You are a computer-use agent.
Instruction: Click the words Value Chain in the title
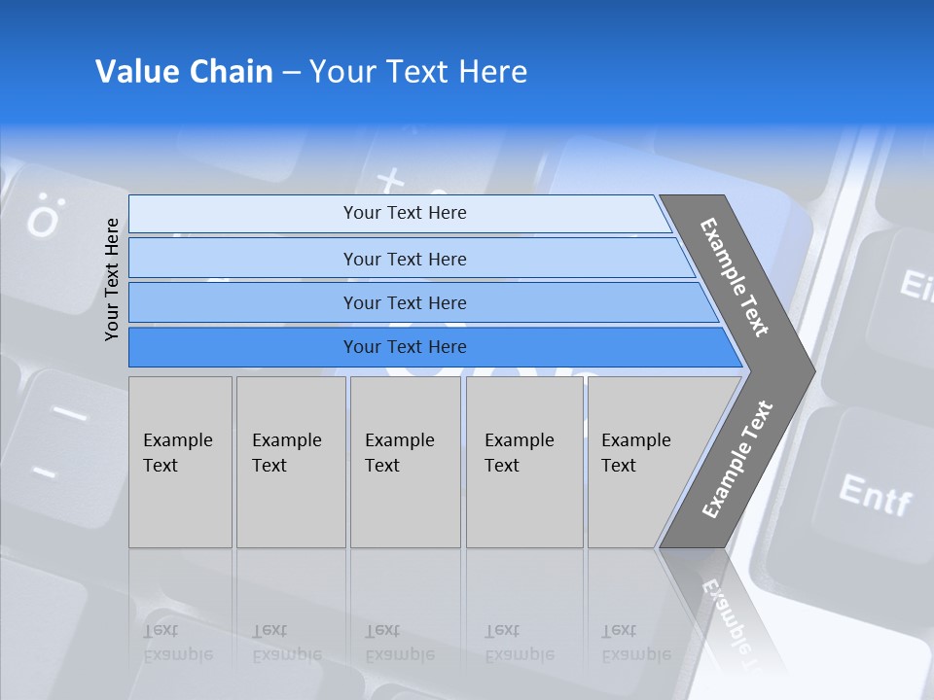(184, 72)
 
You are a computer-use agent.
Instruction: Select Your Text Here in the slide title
(418, 72)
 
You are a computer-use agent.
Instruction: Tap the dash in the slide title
(291, 73)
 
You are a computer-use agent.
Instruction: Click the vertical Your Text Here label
(112, 279)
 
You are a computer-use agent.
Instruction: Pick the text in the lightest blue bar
(405, 213)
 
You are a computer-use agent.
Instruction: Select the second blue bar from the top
(405, 259)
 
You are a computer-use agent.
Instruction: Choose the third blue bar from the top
(405, 302)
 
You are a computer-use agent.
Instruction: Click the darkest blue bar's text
(405, 347)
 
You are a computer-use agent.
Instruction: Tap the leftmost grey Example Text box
(180, 461)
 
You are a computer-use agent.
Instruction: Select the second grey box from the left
(290, 461)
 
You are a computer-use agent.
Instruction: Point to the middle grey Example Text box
(405, 461)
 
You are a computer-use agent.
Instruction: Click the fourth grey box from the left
(523, 461)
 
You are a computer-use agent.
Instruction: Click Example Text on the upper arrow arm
(735, 277)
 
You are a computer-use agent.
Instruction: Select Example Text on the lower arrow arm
(736, 460)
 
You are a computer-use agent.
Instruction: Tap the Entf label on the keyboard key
(875, 496)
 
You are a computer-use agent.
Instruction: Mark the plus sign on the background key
(390, 180)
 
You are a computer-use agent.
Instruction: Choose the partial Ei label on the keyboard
(915, 286)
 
